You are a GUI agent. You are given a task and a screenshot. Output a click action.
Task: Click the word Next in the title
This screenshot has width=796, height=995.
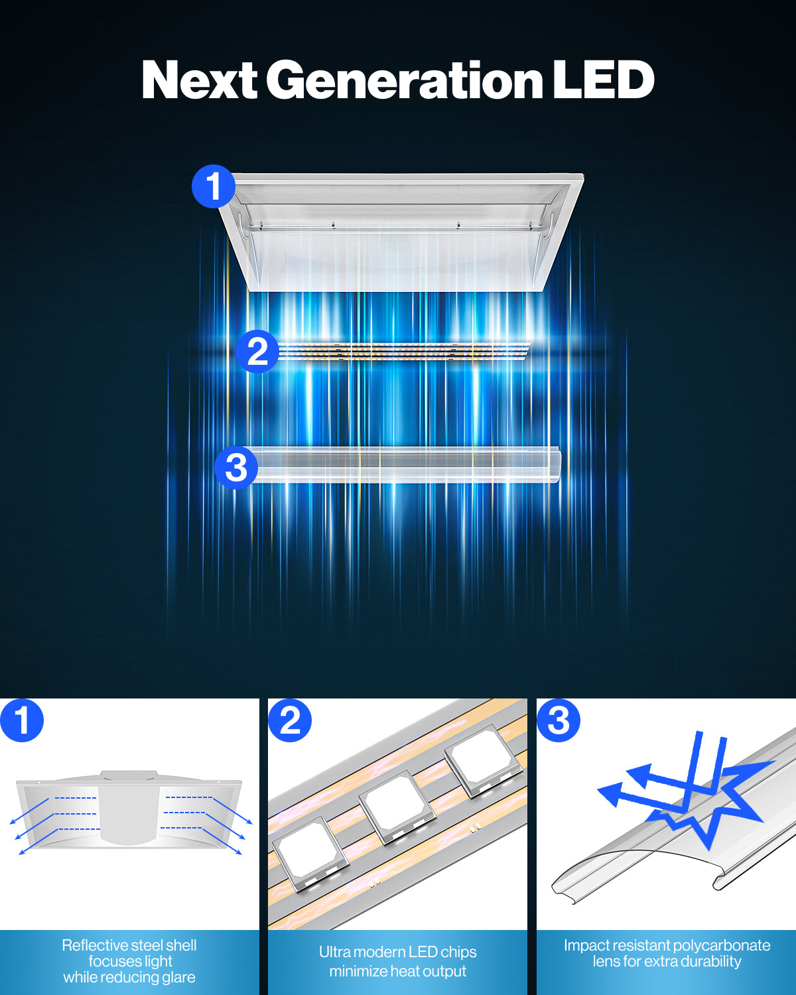point(200,80)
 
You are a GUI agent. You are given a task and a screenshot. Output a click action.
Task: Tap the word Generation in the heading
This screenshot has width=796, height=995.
point(404,80)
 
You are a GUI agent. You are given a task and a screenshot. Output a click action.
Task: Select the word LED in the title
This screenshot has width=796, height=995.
point(603,80)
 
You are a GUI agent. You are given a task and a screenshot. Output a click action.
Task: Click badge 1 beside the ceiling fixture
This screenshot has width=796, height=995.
point(214,186)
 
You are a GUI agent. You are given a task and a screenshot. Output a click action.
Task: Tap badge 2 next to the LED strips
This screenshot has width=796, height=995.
point(257,352)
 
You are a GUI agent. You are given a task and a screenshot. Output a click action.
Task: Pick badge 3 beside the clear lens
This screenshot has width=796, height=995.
point(236,468)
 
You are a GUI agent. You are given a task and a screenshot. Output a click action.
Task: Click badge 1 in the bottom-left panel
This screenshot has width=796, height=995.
point(22,720)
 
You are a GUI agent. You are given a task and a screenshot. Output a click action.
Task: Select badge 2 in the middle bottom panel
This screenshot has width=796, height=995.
point(290,720)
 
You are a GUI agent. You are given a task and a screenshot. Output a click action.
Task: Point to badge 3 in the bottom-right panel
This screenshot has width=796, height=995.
point(559,720)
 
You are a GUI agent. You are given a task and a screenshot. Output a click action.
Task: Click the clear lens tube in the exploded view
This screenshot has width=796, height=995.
point(403,465)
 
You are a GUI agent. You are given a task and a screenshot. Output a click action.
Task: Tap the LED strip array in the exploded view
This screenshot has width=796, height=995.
point(403,352)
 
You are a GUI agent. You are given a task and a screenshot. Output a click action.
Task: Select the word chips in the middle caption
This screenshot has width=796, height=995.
point(458,953)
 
